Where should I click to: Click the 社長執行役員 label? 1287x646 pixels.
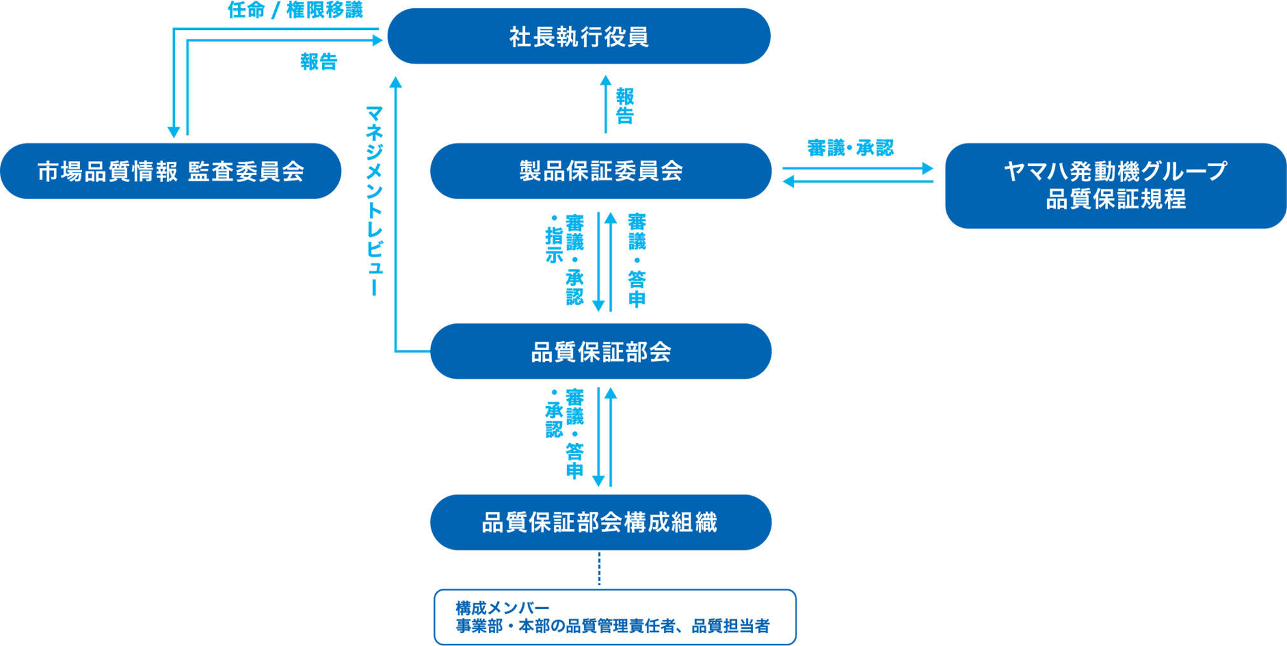(x=579, y=38)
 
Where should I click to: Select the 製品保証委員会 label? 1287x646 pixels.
(x=601, y=171)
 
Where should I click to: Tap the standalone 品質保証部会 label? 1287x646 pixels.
(x=601, y=352)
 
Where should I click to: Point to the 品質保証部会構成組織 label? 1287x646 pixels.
(x=599, y=523)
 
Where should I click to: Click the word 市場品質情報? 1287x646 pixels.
(x=107, y=172)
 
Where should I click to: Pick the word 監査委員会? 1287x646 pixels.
(x=246, y=172)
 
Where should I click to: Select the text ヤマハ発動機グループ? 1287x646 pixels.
(x=1115, y=171)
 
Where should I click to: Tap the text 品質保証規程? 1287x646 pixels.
(x=1115, y=199)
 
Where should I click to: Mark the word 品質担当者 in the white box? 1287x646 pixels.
(x=730, y=627)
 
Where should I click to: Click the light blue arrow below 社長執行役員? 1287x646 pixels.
(x=618, y=103)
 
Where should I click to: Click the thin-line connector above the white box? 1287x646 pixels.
(x=599, y=571)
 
